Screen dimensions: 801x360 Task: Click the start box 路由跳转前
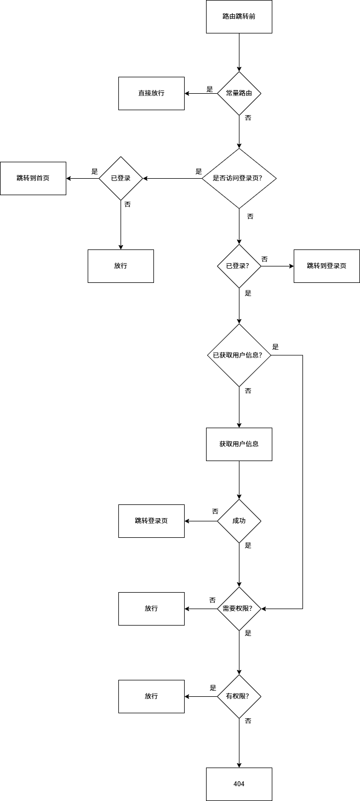tap(239, 16)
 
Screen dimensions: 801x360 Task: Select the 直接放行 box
tap(151, 93)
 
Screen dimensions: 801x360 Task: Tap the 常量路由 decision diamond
tap(239, 93)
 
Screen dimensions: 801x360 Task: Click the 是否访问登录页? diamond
tap(239, 178)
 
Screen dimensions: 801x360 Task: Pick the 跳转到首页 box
tap(33, 178)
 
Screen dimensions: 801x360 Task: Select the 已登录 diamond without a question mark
tap(121, 178)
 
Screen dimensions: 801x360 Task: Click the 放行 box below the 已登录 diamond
tap(121, 266)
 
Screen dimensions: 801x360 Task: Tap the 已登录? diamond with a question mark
tap(239, 266)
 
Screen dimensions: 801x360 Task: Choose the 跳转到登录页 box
tap(327, 266)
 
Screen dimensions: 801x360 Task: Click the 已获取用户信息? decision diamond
tap(239, 355)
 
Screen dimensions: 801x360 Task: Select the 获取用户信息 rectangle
tap(239, 444)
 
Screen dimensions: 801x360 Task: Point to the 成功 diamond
tap(239, 521)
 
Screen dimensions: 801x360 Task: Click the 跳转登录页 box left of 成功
tap(151, 521)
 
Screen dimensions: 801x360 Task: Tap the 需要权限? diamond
tap(239, 609)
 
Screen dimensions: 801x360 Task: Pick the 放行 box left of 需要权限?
tap(151, 609)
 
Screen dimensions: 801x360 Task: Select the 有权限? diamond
tap(239, 696)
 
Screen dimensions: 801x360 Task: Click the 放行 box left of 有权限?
tap(151, 696)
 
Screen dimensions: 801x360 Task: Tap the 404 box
tap(239, 784)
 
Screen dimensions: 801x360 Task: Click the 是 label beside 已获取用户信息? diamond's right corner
tap(276, 347)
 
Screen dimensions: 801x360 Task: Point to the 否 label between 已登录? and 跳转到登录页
tap(265, 259)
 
